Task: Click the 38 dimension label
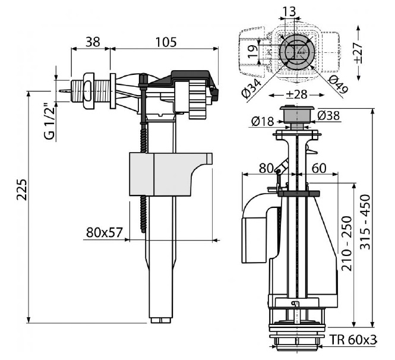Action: [93, 42]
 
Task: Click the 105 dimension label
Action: [166, 42]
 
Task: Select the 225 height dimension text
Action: [21, 190]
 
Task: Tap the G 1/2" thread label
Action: [49, 121]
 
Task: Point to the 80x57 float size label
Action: [105, 232]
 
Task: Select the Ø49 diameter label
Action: [338, 84]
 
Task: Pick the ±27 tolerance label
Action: [358, 53]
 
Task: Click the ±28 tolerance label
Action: [296, 94]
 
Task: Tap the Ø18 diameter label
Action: [263, 121]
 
